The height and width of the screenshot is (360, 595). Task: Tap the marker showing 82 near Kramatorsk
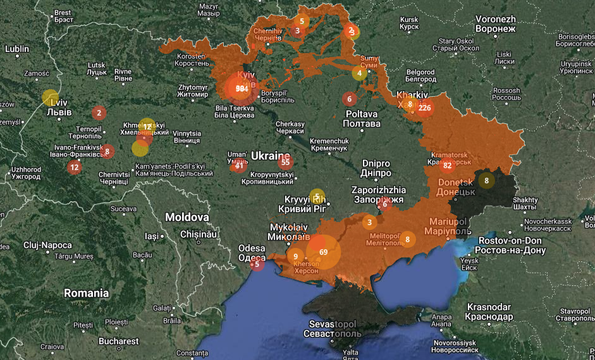click(x=448, y=166)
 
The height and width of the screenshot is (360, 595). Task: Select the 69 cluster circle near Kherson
click(x=323, y=252)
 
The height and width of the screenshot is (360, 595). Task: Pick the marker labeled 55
click(x=285, y=162)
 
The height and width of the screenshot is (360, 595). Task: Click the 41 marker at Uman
click(x=238, y=166)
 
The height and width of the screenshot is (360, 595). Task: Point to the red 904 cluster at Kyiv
click(x=241, y=89)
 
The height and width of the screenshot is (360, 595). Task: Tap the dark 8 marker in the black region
click(x=486, y=180)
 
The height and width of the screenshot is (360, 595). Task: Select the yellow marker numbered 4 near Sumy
click(x=360, y=73)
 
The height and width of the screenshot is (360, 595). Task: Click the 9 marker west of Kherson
click(x=295, y=256)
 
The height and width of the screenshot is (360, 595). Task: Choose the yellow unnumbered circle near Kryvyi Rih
click(x=317, y=196)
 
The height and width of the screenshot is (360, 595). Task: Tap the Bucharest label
click(x=118, y=341)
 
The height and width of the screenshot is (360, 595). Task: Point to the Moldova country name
click(x=187, y=217)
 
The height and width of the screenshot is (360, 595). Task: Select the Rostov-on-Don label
click(x=510, y=245)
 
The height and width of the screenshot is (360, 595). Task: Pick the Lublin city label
click(x=17, y=49)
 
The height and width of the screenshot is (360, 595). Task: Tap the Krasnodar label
click(x=488, y=311)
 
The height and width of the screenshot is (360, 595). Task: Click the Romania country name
click(x=86, y=293)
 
